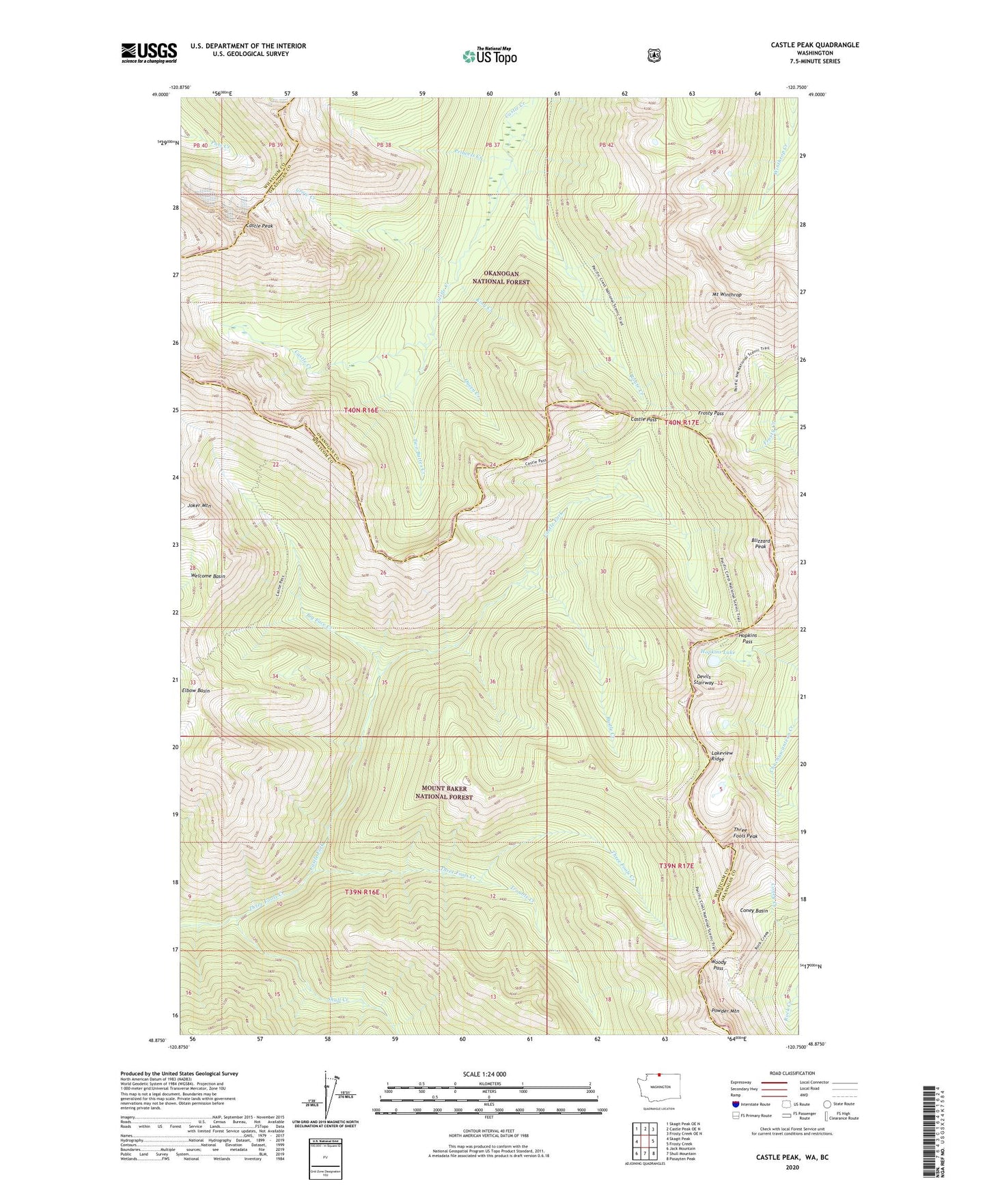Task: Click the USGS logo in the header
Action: click(149, 53)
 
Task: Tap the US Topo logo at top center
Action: click(488, 56)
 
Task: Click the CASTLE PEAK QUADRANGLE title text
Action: click(814, 45)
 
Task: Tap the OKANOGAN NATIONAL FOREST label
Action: click(501, 277)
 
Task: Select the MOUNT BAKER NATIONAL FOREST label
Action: click(444, 793)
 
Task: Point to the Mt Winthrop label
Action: click(726, 294)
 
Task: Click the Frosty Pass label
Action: click(710, 413)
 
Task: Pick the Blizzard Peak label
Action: click(761, 543)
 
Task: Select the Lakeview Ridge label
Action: click(721, 756)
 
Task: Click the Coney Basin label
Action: click(754, 911)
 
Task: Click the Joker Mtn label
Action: click(199, 505)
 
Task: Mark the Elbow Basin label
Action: click(196, 690)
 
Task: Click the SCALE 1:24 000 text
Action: click(484, 1074)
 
